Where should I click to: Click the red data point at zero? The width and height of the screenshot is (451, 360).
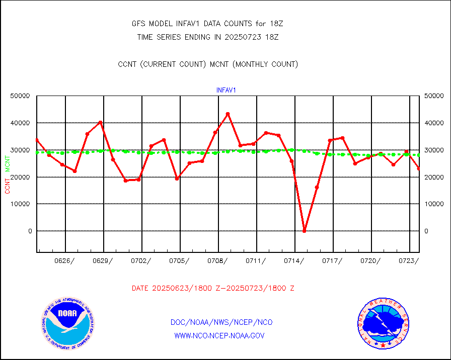click(x=304, y=231)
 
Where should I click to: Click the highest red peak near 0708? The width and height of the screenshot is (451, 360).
click(x=228, y=114)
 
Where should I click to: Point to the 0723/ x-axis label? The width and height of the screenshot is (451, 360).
click(x=409, y=260)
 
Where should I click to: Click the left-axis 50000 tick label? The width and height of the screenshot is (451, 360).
click(x=21, y=96)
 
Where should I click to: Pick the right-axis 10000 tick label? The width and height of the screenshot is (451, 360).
click(x=433, y=204)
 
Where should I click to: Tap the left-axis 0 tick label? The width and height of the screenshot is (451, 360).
click(x=30, y=231)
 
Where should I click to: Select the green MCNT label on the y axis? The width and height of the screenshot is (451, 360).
click(x=7, y=163)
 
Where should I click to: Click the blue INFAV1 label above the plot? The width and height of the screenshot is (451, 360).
click(x=226, y=90)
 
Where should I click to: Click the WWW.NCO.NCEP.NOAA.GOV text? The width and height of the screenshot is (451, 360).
click(x=219, y=335)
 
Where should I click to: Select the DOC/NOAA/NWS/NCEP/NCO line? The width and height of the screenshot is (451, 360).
click(x=221, y=322)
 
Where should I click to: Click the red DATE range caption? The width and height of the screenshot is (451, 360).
click(x=213, y=288)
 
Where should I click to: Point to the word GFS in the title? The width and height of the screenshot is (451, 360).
click(x=139, y=23)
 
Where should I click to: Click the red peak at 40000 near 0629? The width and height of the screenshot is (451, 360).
click(x=100, y=122)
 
